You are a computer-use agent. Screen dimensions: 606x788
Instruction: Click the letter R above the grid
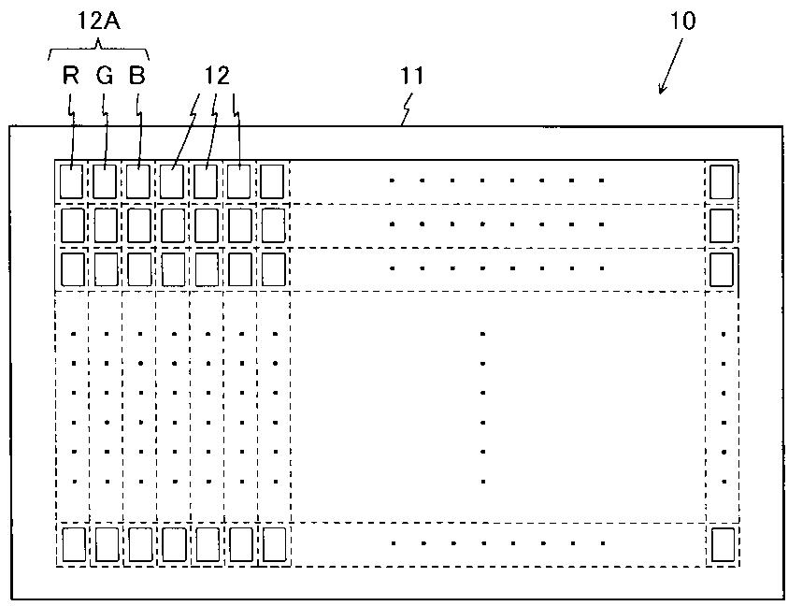point(71,77)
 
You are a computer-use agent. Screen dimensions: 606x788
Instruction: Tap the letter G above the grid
point(104,77)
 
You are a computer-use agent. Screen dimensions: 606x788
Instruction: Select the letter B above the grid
point(136,77)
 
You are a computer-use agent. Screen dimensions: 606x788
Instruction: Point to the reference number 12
point(218,77)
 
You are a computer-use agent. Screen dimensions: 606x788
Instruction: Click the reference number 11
point(412,77)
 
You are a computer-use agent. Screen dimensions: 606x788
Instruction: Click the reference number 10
point(683,22)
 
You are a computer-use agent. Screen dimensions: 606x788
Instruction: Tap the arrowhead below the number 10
point(662,90)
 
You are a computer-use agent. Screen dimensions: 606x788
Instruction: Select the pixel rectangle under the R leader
point(72,180)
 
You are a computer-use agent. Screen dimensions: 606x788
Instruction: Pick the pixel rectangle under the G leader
point(106,180)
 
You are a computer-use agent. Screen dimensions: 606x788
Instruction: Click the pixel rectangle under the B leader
point(138,180)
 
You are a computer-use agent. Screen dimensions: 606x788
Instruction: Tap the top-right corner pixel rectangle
point(721,180)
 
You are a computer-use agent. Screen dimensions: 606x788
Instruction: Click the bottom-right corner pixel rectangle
point(721,544)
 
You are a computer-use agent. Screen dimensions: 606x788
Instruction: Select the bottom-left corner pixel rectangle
point(72,543)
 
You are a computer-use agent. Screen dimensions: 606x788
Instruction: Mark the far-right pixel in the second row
point(721,224)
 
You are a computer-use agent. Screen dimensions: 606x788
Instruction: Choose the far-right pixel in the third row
point(721,269)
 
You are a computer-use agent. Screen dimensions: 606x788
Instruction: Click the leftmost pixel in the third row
point(72,269)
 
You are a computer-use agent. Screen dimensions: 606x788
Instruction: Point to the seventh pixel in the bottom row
point(273,543)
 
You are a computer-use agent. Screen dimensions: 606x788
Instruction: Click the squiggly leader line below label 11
point(407,111)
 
